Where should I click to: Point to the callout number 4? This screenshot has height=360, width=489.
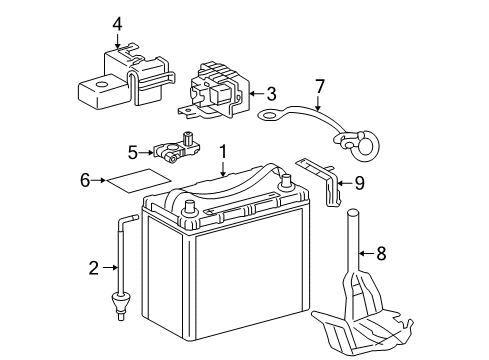tap(117, 24)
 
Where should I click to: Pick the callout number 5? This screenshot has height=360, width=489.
tap(132, 152)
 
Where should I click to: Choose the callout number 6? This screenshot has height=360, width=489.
tap(85, 180)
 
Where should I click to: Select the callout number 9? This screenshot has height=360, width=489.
tap(359, 182)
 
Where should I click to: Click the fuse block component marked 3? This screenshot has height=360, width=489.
tap(219, 88)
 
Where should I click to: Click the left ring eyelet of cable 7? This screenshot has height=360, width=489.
tap(268, 117)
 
